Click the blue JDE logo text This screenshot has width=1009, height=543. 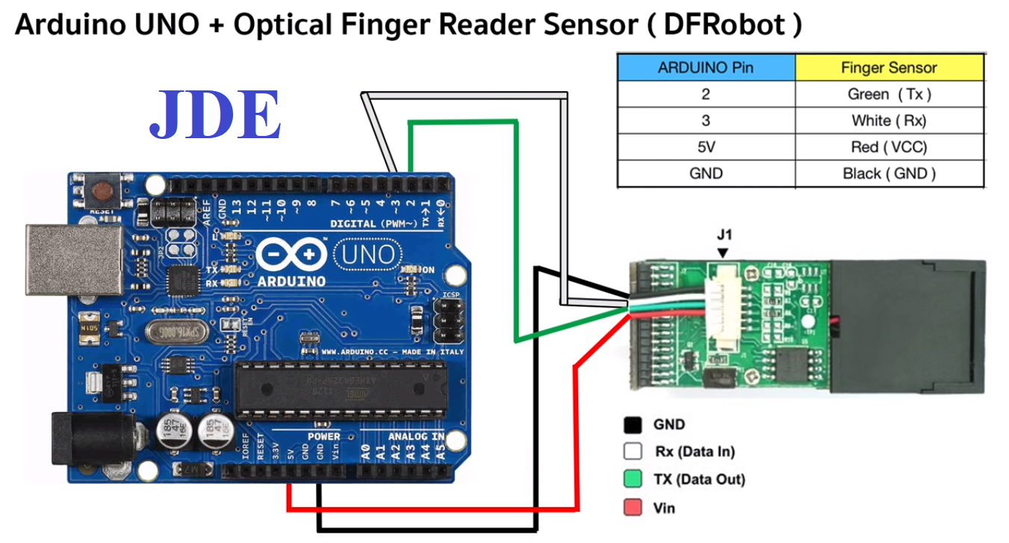[x=215, y=117]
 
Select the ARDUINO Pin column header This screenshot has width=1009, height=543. [x=705, y=67]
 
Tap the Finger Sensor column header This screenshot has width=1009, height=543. [x=889, y=67]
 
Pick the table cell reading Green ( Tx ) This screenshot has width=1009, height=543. [x=889, y=94]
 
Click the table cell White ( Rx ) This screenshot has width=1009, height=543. [x=889, y=120]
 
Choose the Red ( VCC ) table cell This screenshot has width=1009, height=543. [x=889, y=147]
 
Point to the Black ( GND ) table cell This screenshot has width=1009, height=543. [x=889, y=174]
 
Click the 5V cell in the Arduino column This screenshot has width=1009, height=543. [x=705, y=147]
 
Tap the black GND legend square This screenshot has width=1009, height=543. [x=633, y=425]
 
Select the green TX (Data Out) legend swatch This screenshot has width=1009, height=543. [x=633, y=480]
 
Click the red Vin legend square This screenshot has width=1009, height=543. [x=633, y=508]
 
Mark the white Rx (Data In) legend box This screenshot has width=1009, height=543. [x=633, y=452]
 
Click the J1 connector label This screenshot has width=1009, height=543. [x=724, y=235]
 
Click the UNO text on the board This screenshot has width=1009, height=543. [x=367, y=256]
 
